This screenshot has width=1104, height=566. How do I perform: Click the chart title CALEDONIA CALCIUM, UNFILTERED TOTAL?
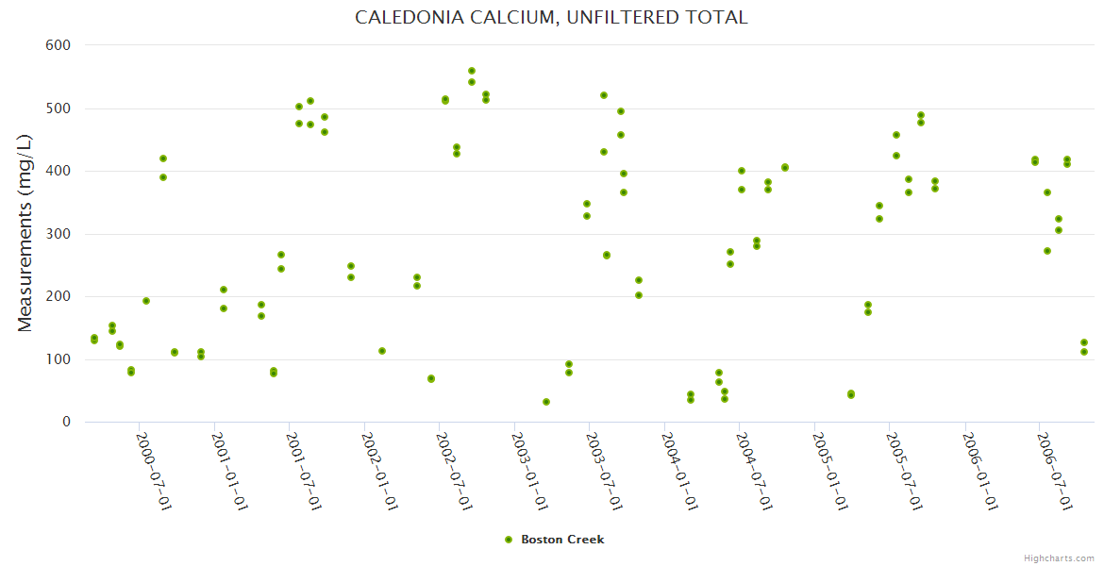click(551, 17)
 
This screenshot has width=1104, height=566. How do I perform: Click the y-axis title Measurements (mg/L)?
click(25, 232)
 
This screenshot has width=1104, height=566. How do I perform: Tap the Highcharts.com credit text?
click(1059, 558)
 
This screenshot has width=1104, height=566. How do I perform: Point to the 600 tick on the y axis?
click(59, 45)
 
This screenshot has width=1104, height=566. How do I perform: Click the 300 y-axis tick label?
click(59, 234)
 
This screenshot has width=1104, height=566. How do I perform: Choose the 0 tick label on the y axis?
click(66, 423)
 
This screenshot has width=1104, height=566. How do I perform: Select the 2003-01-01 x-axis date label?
click(529, 471)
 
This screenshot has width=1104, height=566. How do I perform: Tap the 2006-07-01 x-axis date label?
click(1054, 471)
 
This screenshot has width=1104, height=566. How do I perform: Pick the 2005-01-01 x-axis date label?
click(829, 471)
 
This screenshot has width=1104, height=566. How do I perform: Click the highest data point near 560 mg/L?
click(472, 71)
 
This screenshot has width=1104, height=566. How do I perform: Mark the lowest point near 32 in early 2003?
click(546, 402)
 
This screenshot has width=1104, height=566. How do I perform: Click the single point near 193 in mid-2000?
click(146, 301)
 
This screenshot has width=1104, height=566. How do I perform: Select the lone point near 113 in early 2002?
click(382, 351)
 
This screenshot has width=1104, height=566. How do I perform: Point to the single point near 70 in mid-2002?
click(431, 378)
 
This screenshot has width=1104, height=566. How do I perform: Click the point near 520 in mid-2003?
click(604, 95)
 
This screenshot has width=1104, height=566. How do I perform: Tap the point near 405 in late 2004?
click(785, 168)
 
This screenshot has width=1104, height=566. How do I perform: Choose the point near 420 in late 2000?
click(163, 158)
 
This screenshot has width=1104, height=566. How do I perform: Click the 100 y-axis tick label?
click(59, 359)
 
